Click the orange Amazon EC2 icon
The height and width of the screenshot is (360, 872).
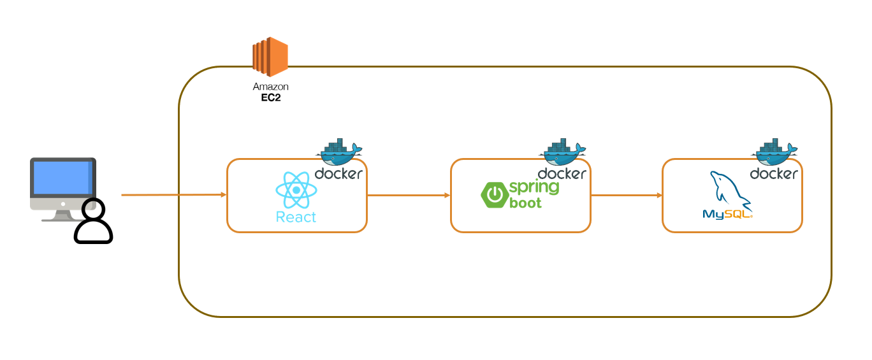(270, 57)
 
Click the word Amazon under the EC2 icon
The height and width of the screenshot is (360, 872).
(270, 87)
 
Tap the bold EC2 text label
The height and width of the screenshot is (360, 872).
(271, 97)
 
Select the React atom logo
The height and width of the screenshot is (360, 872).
(296, 190)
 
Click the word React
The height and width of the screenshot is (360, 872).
(296, 217)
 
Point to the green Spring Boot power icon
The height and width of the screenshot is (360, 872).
(495, 194)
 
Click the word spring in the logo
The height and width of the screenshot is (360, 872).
(534, 187)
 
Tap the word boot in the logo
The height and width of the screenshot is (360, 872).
(525, 203)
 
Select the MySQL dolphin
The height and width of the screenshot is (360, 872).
(730, 191)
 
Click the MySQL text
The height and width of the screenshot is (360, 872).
(727, 214)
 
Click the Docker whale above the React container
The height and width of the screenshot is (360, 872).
(339, 152)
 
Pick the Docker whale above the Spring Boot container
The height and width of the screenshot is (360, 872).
(562, 152)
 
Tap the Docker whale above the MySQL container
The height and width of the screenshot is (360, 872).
(774, 152)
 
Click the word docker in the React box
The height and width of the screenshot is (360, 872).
(338, 173)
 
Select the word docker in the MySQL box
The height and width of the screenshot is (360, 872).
(774, 173)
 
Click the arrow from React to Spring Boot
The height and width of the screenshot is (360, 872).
(409, 195)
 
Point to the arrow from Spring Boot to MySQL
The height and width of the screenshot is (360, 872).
(627, 195)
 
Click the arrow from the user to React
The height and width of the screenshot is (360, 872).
(174, 194)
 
